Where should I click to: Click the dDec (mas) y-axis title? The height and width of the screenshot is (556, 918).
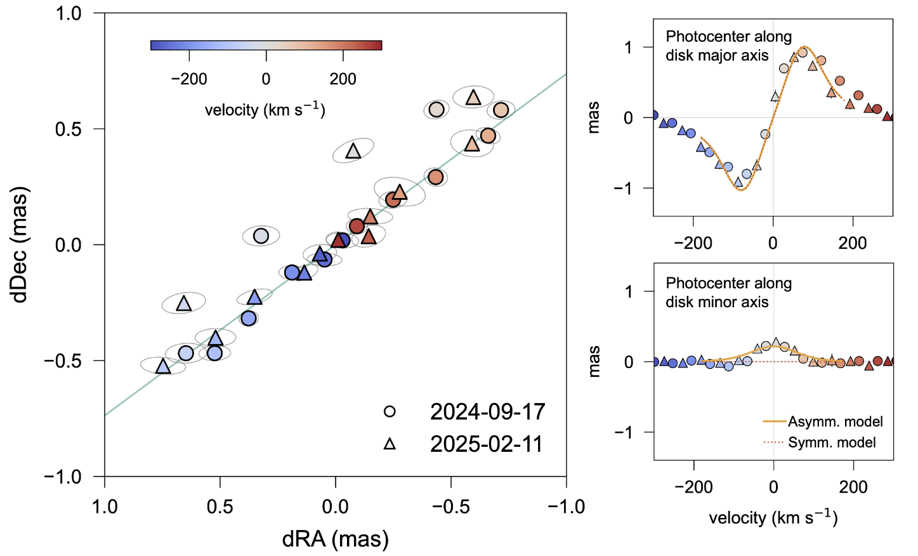(20, 244)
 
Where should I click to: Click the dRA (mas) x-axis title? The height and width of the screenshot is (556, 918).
(335, 539)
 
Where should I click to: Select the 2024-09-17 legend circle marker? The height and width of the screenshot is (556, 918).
(390, 411)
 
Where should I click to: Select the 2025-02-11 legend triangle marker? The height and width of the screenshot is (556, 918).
(390, 444)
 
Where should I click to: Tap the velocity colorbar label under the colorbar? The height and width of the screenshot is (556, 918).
(265, 110)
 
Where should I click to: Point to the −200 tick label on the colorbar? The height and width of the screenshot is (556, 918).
(189, 79)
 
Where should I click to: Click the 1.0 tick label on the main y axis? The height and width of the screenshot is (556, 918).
(69, 13)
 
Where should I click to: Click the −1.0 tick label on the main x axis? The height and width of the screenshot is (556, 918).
(565, 506)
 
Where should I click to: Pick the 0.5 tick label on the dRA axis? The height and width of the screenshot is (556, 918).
(220, 506)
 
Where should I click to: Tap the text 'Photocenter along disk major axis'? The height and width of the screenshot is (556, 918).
(728, 46)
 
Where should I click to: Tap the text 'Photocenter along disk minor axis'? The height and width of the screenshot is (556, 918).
(728, 293)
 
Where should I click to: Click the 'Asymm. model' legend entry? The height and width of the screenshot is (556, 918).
(835, 421)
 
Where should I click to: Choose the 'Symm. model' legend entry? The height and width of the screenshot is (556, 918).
(831, 442)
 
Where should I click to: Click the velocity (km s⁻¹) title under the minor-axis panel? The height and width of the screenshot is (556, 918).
(773, 518)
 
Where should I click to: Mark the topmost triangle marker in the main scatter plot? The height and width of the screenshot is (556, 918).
(473, 97)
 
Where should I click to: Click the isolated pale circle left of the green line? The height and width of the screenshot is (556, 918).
(261, 235)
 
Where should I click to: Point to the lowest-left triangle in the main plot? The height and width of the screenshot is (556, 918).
(163, 366)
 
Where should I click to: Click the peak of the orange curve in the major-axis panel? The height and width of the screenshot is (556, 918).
(805, 47)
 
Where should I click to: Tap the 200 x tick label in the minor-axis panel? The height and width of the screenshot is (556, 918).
(853, 487)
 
